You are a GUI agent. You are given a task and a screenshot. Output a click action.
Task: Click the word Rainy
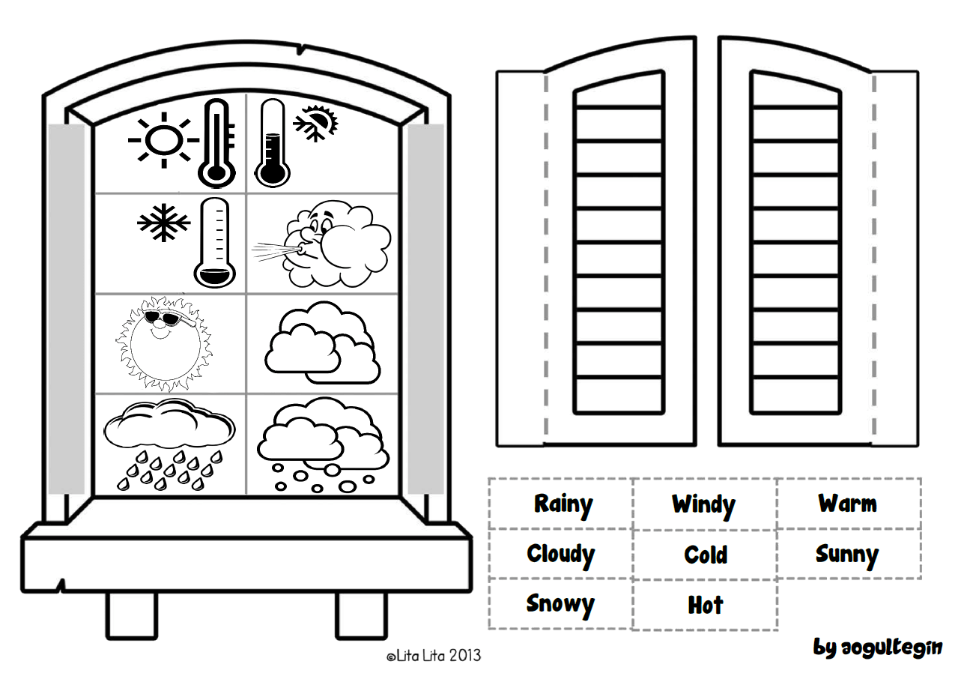tap(563, 504)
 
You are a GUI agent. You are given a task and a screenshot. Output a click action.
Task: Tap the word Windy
tap(703, 504)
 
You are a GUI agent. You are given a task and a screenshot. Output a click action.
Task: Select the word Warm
tap(847, 503)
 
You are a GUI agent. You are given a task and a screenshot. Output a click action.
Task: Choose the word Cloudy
tap(560, 555)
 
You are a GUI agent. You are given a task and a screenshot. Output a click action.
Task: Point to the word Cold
tap(706, 555)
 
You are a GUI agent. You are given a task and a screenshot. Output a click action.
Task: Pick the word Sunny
tap(847, 555)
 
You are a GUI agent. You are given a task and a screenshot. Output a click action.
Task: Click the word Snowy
tap(560, 604)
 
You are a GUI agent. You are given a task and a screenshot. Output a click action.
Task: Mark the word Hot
tap(706, 605)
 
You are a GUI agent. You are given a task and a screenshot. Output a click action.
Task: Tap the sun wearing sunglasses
tap(159, 342)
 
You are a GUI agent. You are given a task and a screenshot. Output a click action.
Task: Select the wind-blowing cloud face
tap(324, 244)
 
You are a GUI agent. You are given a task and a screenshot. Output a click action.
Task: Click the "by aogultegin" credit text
tap(878, 647)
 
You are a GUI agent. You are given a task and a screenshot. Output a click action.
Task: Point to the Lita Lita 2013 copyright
tap(434, 656)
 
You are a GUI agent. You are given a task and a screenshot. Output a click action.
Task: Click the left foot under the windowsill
tap(131, 615)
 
